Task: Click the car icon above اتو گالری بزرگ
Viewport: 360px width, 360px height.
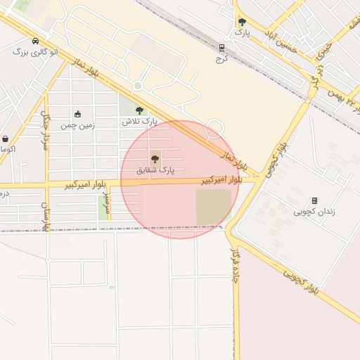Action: tap(36, 41)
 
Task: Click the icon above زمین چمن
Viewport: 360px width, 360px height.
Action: tap(77, 114)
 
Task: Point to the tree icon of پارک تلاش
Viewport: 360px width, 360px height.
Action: tap(139, 110)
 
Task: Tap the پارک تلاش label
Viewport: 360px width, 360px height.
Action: tap(139, 122)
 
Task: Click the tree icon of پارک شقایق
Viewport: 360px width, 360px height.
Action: tap(155, 159)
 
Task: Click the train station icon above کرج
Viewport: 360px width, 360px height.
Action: tap(222, 48)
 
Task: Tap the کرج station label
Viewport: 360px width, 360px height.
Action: tap(222, 58)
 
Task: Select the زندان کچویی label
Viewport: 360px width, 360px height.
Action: tap(314, 211)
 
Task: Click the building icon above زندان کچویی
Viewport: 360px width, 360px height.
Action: tap(314, 200)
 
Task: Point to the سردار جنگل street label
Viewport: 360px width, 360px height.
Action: tap(46, 129)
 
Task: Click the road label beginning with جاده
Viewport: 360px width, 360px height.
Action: tap(234, 257)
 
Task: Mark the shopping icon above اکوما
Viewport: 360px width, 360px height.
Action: tap(6, 139)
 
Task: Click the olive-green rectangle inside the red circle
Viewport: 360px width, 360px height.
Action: tap(213, 207)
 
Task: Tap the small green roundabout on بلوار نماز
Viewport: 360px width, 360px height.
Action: tap(138, 86)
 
